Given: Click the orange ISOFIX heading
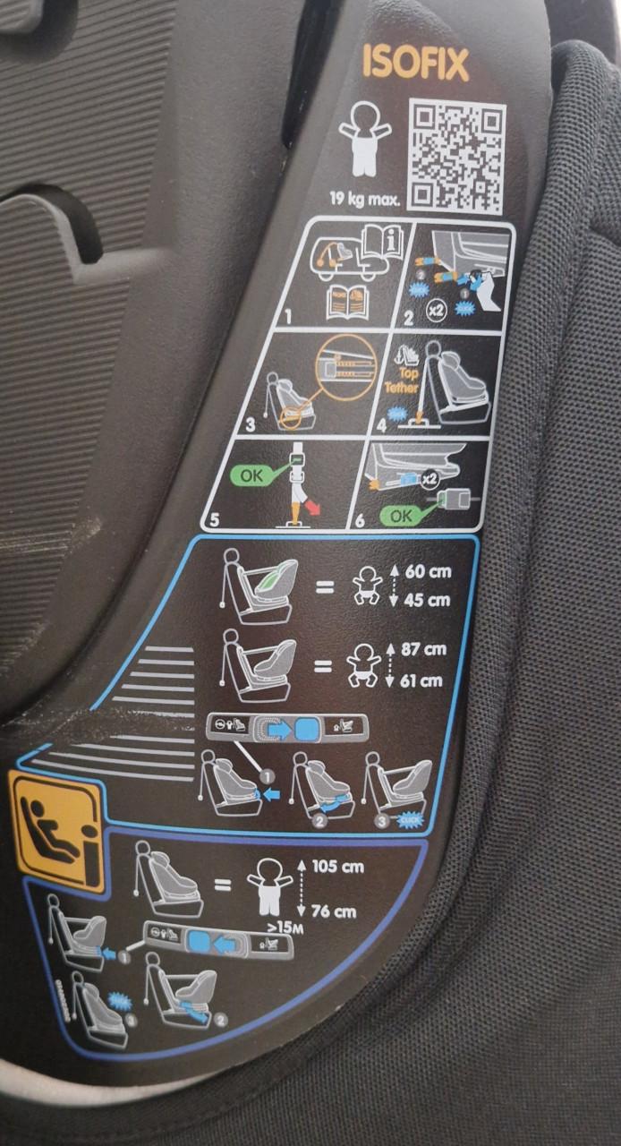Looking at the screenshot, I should click(x=414, y=64).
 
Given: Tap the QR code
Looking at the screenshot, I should click(x=456, y=155).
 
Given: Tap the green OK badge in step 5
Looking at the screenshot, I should click(x=252, y=476).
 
